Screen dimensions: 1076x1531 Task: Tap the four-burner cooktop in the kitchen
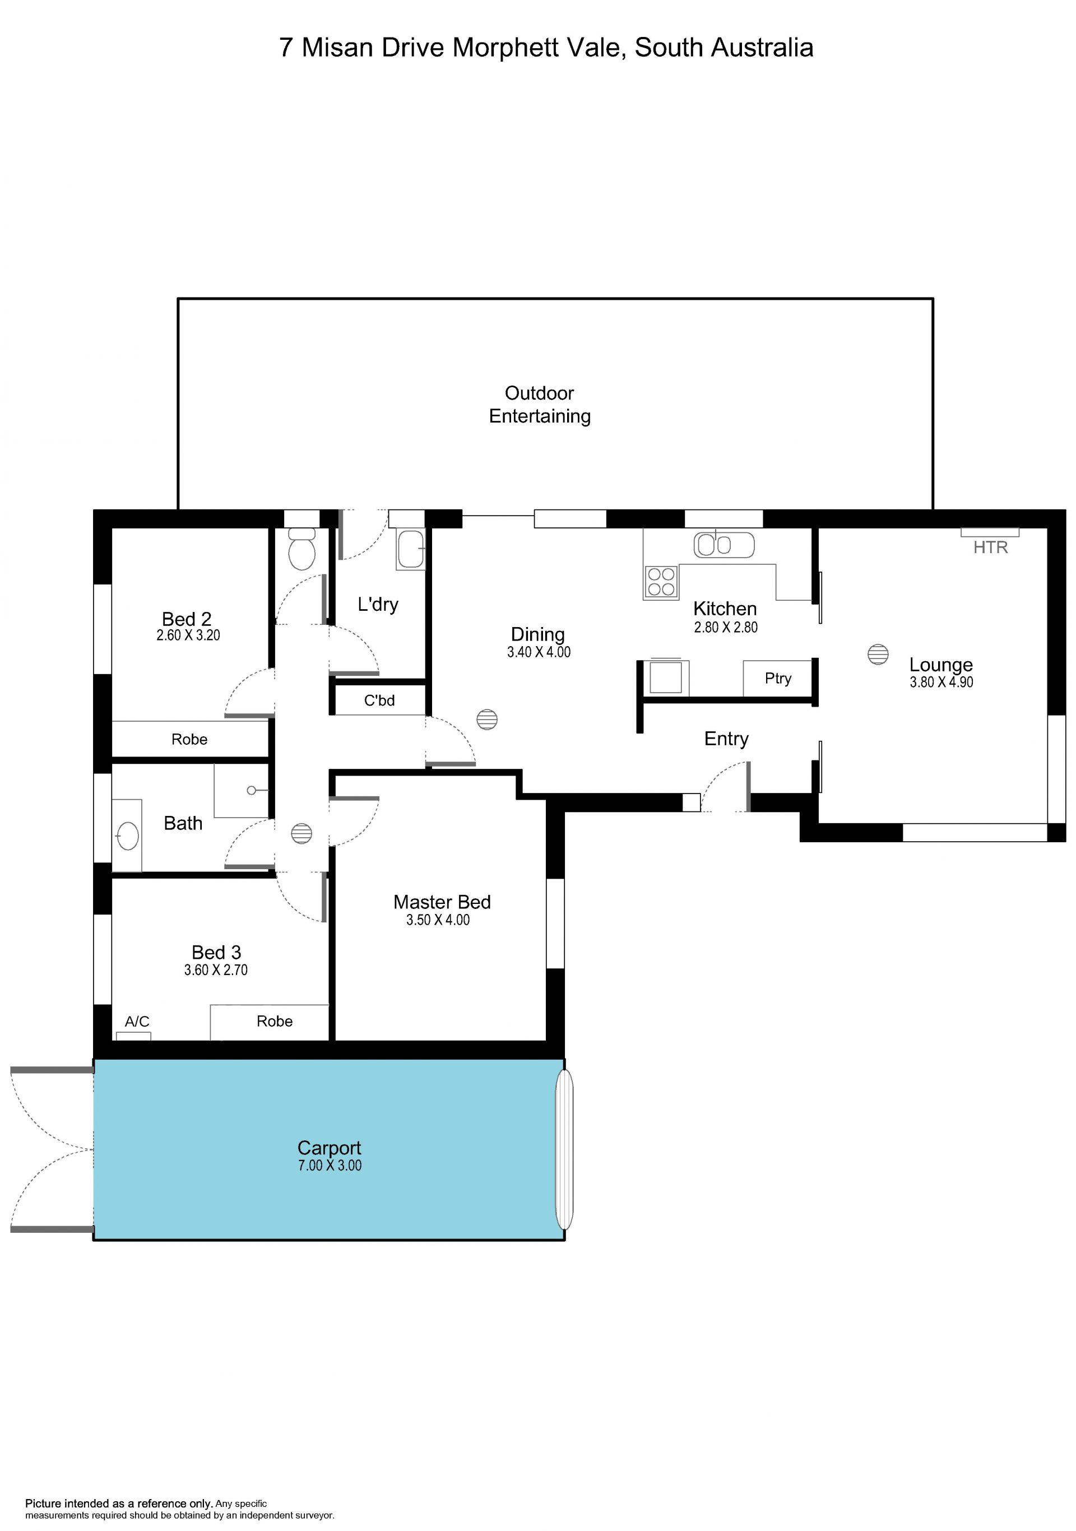coord(661,582)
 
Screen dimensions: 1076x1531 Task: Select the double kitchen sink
coord(723,545)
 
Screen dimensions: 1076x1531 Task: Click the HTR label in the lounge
coord(990,548)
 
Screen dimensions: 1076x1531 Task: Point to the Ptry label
coord(778,678)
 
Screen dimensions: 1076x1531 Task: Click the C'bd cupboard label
coord(379,700)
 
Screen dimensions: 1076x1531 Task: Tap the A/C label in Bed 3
coord(137,1021)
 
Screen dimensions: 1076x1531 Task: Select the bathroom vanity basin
coord(127,835)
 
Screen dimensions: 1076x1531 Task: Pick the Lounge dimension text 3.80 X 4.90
coord(941,682)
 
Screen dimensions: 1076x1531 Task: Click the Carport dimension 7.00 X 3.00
coord(330,1166)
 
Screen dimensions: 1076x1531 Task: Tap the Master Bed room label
coord(442,902)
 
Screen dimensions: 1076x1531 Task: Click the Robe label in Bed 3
coord(275,1021)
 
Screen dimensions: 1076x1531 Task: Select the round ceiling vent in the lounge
coord(878,654)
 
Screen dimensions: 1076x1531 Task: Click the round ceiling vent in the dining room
coord(488,720)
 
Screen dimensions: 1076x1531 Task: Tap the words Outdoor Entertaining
coord(540,404)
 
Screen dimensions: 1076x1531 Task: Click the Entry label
coord(727,739)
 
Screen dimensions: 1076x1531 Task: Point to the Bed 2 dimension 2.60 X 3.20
coord(188,635)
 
